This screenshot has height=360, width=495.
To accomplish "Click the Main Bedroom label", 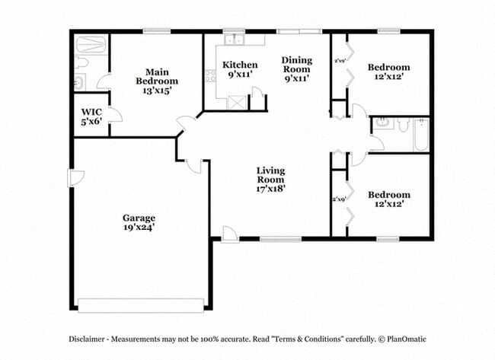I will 157,76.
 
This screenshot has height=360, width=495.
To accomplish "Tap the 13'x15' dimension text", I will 157,90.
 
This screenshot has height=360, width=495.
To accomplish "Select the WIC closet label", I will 91,111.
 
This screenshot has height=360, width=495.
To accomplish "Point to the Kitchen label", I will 239,65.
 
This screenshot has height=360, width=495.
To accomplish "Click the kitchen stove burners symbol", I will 210,76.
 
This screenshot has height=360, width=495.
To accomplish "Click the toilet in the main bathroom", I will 82,62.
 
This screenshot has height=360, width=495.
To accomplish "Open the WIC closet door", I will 114,115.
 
